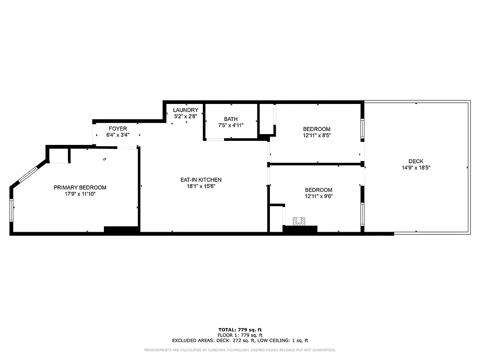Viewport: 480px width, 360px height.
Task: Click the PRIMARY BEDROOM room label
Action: (80, 188)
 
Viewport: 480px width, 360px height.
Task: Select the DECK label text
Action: (416, 162)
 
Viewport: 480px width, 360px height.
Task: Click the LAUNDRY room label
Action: (185, 110)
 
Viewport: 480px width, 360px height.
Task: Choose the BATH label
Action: (231, 119)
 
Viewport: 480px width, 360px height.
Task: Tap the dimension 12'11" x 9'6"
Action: (319, 196)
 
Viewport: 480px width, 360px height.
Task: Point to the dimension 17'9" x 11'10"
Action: (80, 194)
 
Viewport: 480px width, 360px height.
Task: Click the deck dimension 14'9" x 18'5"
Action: (416, 167)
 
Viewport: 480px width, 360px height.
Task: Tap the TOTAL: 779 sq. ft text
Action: (240, 330)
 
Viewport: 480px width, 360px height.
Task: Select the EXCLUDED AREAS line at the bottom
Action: (240, 341)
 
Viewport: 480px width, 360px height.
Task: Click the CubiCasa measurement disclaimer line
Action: (240, 350)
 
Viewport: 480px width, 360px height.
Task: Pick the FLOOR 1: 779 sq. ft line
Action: (240, 335)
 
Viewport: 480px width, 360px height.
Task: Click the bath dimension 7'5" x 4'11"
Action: (231, 126)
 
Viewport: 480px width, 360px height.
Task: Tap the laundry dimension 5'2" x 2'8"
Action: (185, 117)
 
